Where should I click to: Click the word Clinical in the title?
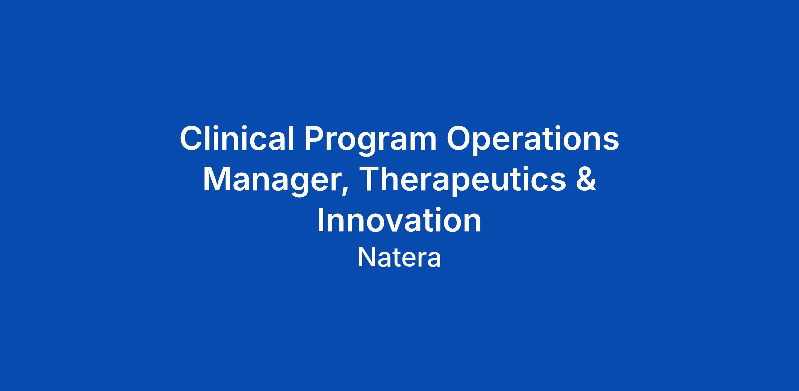point(237,138)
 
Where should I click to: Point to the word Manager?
point(273,183)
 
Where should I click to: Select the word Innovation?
point(399,220)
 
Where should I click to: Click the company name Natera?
point(399,258)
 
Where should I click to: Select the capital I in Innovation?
point(321,220)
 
